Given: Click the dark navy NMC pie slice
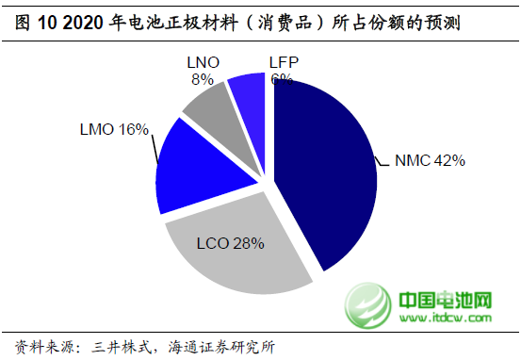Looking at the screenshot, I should (x=325, y=170).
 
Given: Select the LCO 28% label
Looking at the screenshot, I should (x=231, y=243).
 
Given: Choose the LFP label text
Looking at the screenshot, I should (x=282, y=61).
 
